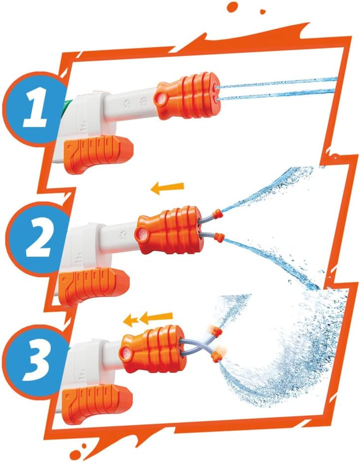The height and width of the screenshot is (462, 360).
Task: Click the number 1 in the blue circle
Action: click(x=35, y=108)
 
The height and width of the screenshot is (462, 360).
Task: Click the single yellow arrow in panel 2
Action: click(x=167, y=188)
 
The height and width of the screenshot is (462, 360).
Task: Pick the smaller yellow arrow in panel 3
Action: click(x=130, y=320)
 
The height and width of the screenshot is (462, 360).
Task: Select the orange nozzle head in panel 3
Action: click(x=153, y=350)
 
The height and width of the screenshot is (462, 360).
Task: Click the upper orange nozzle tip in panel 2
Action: click(x=218, y=214)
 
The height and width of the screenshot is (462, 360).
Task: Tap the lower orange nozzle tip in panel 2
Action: click(x=220, y=237)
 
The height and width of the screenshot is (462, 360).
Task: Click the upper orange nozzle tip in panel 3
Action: click(x=216, y=332)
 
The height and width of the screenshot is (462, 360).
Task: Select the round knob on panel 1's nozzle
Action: click(x=161, y=98)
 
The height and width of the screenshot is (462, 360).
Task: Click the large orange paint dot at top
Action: click(x=232, y=7)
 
